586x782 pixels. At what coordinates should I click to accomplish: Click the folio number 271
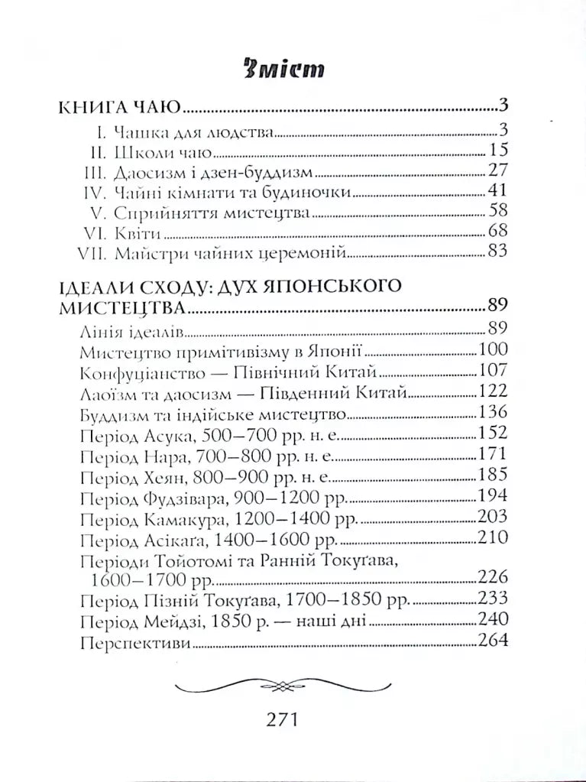[x=284, y=719]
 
